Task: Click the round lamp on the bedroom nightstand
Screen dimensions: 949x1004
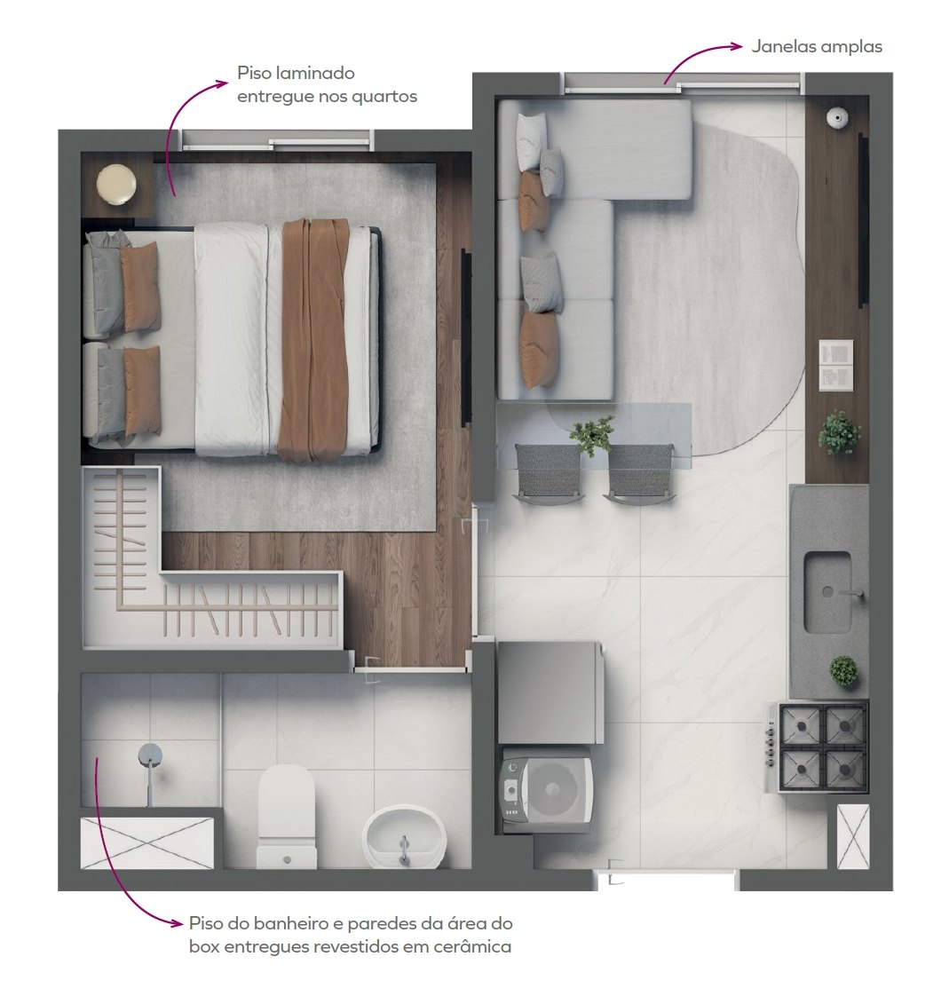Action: pos(116,185)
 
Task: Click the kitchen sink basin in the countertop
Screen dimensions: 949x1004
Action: pos(828,591)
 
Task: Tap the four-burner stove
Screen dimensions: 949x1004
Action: pos(818,747)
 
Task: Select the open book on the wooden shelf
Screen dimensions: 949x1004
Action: pos(836,365)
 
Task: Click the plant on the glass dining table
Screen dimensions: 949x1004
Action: pos(592,434)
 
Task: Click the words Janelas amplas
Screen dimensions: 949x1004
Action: pos(817,47)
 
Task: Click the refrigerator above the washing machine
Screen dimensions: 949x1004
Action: pos(550,693)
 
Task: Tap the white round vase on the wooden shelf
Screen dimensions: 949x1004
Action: pos(837,118)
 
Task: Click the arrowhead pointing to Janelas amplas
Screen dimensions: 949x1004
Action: pos(737,46)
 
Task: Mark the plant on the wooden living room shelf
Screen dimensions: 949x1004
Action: pos(839,432)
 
